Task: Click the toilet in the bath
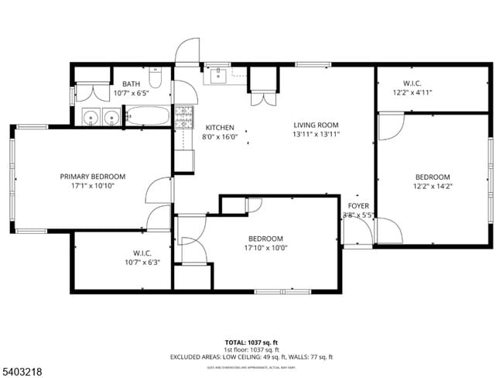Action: [x=155, y=78]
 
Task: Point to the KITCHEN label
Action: [x=220, y=127]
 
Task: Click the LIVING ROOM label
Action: [x=317, y=125]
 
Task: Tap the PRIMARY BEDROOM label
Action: [x=93, y=177]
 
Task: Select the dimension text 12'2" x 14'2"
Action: [x=432, y=186]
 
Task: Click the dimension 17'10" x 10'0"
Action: [x=265, y=248]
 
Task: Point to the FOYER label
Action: [x=358, y=206]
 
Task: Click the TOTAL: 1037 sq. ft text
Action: [x=251, y=342]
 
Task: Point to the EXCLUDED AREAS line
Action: [x=251, y=357]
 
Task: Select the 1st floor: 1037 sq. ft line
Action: [x=251, y=349]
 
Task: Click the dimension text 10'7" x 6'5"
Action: [x=130, y=93]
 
